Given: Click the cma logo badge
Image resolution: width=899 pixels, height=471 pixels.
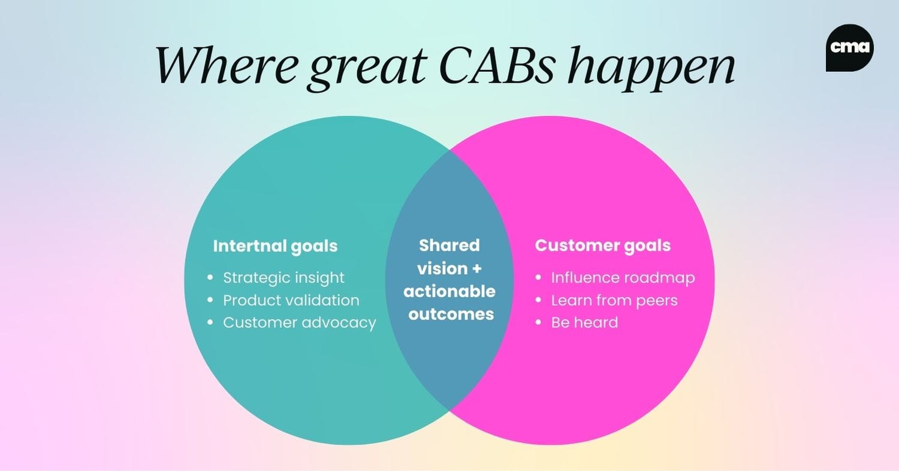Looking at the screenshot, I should coord(849,48).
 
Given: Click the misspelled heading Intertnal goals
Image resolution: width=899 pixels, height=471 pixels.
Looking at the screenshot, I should coord(275,246).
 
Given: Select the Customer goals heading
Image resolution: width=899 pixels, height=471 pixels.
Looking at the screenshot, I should coord(602,245).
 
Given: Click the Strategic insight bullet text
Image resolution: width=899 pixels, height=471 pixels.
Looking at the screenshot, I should coord(283,278).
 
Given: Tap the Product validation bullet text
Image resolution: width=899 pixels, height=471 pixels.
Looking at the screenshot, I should coord(291,300).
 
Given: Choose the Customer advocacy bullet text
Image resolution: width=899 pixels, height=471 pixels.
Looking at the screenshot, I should coord(300,323).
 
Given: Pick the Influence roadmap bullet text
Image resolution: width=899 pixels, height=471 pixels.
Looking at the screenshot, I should coord(623,278).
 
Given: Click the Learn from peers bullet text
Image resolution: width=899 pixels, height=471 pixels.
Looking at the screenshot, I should coord(614,300).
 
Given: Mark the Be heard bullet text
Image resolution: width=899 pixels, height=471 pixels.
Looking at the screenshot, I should coord(584,323).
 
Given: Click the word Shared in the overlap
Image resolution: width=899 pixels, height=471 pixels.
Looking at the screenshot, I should coord(450,245).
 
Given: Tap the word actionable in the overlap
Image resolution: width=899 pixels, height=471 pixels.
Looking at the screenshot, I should coord(450,291).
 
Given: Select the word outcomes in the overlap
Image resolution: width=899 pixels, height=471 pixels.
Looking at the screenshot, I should coord(451,314).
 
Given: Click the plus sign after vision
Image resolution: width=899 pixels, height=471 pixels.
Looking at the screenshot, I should coord(475,269).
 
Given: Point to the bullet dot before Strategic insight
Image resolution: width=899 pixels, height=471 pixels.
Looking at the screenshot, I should coord(210,278).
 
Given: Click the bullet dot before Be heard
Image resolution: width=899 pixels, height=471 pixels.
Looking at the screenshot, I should coord(538,323).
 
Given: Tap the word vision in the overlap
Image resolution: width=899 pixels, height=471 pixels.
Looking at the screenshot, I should coord(441,269).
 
